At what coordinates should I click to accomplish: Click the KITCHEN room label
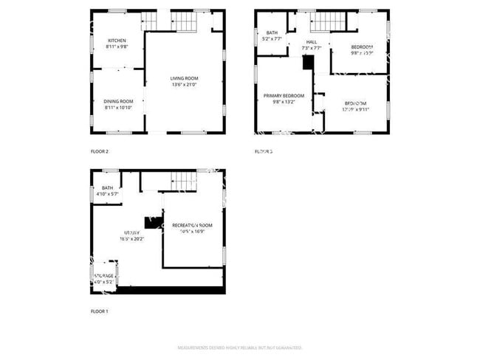[x=117, y=40]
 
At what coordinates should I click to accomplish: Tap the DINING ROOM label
[x=118, y=101]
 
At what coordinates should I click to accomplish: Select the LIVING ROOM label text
[x=184, y=78]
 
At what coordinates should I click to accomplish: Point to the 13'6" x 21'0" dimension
[x=184, y=85]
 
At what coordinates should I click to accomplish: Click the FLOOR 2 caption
[x=99, y=151]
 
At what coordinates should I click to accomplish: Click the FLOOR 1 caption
[x=99, y=311]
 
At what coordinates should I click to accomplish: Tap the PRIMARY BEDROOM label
[x=284, y=96]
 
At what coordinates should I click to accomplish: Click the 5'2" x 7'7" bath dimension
[x=271, y=39]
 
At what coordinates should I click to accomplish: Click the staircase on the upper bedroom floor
[x=320, y=21]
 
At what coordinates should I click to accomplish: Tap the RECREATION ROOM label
[x=192, y=225]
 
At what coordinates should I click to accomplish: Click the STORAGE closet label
[x=103, y=276]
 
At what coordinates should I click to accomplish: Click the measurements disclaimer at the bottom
[x=240, y=347]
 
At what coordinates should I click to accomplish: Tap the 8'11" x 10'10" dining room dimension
[x=118, y=108]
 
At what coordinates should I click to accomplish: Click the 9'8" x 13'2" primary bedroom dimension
[x=284, y=103]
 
